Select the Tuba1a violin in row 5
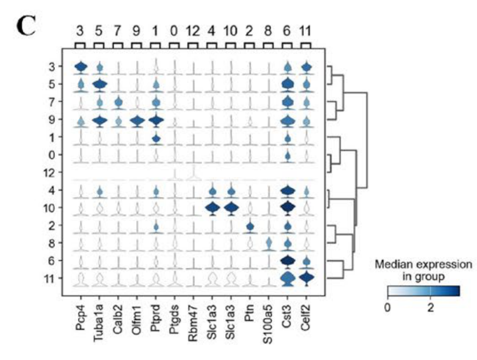point(99,85)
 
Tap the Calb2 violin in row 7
point(118,102)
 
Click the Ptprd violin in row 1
point(156,139)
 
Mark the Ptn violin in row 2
point(250,227)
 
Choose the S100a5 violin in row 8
point(268,244)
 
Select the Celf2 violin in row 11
point(306,278)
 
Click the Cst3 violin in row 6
point(287,261)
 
